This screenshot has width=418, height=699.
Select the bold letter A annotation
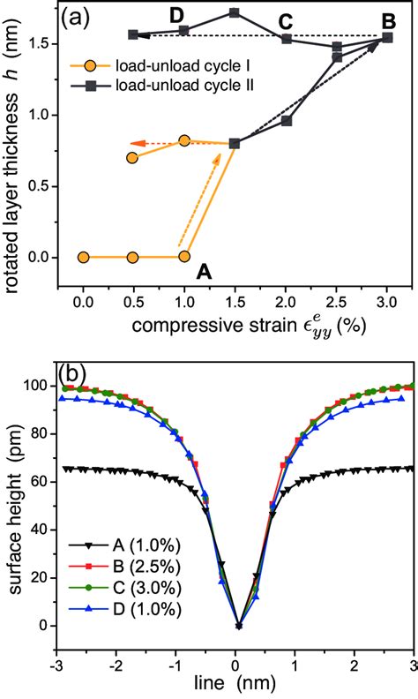(205, 273)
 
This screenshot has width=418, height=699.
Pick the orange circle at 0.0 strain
(83, 257)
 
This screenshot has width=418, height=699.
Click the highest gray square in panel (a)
(235, 12)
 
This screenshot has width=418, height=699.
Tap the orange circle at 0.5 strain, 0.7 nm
(132, 158)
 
